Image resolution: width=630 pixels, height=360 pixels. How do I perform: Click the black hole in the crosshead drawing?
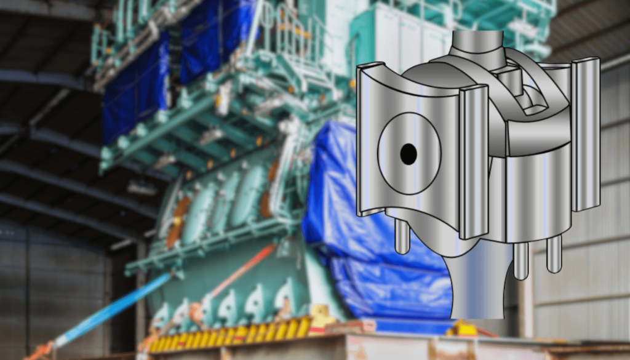click(409, 154)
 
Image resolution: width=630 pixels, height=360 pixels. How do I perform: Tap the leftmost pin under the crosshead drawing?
click(402, 237)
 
